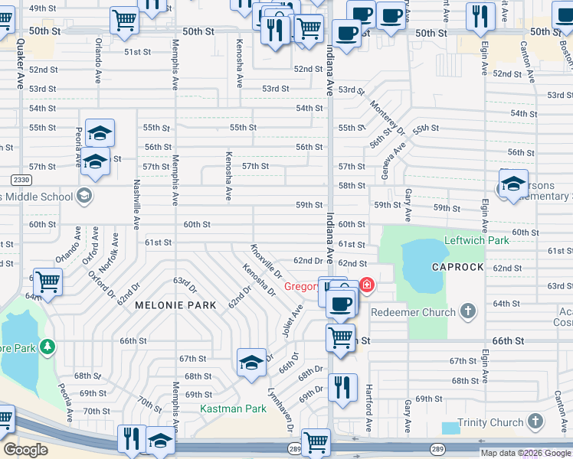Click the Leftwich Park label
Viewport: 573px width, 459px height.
click(x=476, y=240)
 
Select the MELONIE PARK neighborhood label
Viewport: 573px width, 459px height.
click(x=167, y=304)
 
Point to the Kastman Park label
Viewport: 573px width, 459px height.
click(x=233, y=409)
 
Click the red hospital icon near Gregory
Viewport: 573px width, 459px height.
click(x=368, y=285)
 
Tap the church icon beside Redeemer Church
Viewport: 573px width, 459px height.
click(x=468, y=312)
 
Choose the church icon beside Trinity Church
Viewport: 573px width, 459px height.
click(x=535, y=422)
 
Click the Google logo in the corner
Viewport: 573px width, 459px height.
click(x=25, y=450)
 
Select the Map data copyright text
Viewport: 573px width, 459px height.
click(x=525, y=453)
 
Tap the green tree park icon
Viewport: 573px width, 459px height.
click(x=48, y=348)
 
